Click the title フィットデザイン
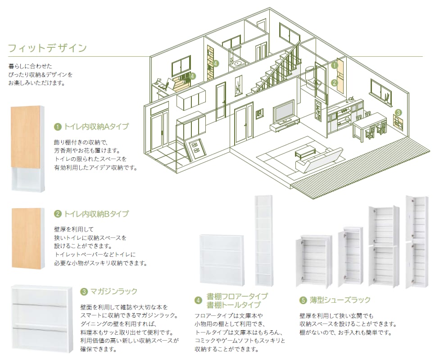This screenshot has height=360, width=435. pyautogui.click(x=47, y=48)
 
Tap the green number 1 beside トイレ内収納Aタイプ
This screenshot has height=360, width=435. pyautogui.click(x=58, y=127)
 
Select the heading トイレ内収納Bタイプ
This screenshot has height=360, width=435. pyautogui.click(x=96, y=214)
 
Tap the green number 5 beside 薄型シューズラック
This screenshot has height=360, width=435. pyautogui.click(x=303, y=300)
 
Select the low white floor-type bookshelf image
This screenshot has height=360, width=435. pyautogui.click(x=222, y=260)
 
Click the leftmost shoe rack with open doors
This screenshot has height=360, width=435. pyautogui.click(x=314, y=261)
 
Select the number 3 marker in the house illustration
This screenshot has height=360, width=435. pyautogui.click(x=398, y=113)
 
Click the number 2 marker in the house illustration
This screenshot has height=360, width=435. pyautogui.click(x=335, y=82)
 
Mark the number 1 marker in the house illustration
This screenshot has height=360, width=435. pyautogui.click(x=335, y=65)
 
